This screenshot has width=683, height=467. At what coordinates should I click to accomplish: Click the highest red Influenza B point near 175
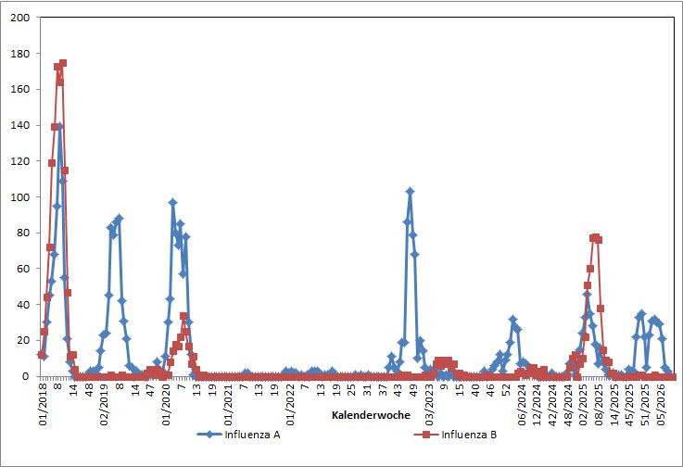(63, 63)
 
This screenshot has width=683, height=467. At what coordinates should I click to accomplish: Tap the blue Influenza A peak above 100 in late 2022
(410, 191)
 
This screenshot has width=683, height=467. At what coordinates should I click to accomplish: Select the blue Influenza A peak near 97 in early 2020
(172, 202)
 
